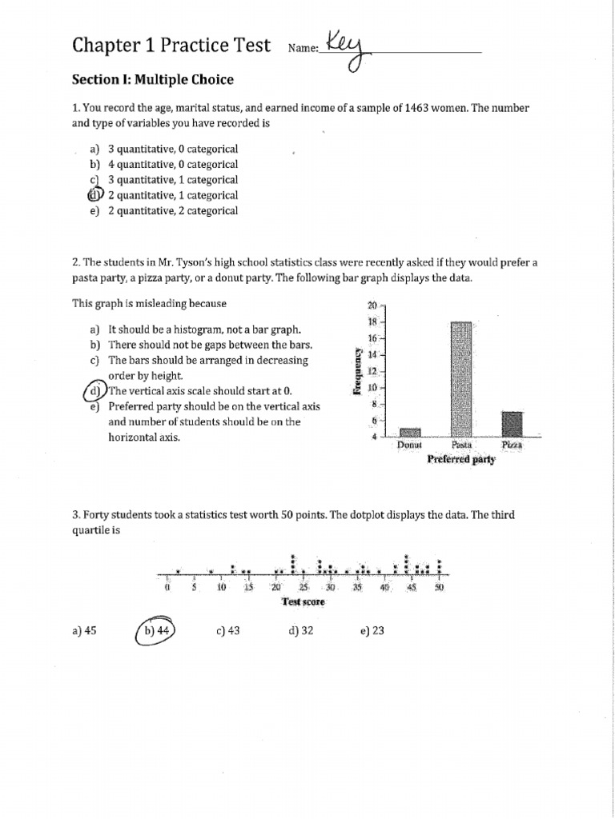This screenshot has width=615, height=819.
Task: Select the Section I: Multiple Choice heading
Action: point(152,80)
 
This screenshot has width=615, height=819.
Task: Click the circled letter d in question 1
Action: point(95,195)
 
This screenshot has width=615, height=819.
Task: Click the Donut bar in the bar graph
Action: point(409,432)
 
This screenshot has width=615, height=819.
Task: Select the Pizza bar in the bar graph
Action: point(512,424)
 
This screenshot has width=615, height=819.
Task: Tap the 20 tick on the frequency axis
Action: point(372,306)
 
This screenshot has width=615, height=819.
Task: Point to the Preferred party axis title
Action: point(461,460)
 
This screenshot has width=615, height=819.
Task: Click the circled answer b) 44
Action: point(157,630)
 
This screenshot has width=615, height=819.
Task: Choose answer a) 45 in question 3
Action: point(83,630)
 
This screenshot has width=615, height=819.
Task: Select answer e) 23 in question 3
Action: point(372,630)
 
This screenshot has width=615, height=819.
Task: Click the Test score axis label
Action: point(303,601)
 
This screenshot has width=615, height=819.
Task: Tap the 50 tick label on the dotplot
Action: point(439,587)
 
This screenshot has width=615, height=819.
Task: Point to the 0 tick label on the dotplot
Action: point(167,587)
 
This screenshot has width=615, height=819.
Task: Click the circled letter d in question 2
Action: point(96,391)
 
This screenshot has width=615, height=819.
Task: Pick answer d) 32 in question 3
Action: point(300,630)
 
